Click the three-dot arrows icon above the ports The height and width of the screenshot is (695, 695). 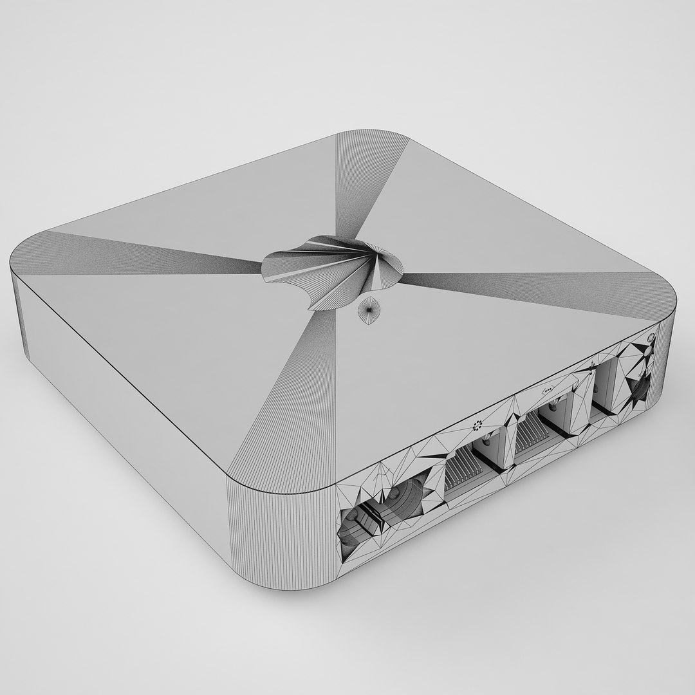coord(549,391)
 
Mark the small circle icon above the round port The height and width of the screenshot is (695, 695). coord(651,337)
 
